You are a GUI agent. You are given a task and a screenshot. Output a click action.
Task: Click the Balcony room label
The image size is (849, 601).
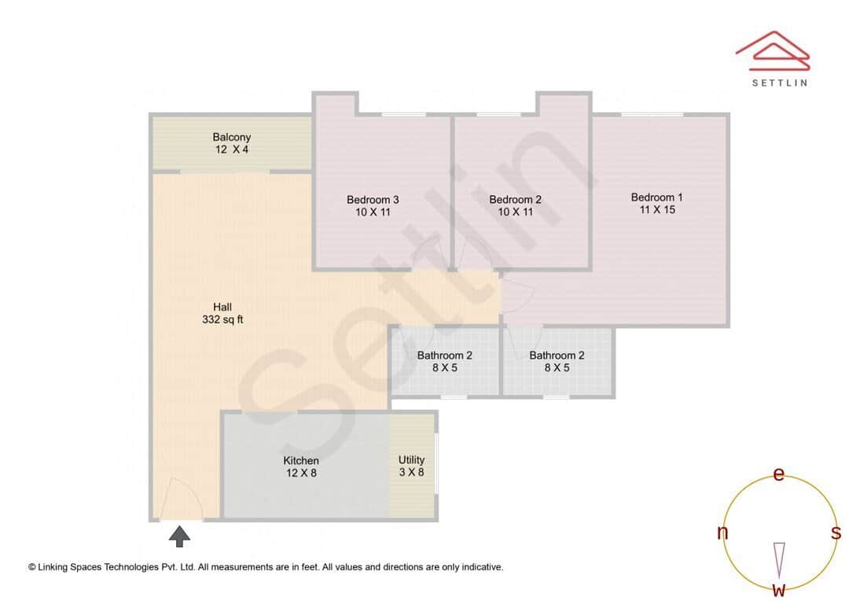click(232, 137)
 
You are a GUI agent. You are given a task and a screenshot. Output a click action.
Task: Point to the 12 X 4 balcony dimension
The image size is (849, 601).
click(232, 149)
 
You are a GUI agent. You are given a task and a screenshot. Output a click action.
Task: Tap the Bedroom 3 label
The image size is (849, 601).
click(367, 200)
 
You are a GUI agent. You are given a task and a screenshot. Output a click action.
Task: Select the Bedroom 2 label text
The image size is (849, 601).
click(515, 200)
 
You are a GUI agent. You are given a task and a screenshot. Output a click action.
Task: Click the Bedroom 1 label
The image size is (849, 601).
click(657, 197)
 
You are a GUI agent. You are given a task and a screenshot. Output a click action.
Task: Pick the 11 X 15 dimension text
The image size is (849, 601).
click(658, 210)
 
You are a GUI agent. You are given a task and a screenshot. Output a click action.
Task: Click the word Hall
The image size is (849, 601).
click(222, 307)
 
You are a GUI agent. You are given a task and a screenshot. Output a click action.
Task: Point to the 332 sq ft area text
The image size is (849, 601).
click(222, 319)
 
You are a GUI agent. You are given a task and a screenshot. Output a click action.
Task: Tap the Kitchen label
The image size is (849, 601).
click(301, 461)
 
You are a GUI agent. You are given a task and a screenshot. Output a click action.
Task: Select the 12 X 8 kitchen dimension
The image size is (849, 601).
click(301, 474)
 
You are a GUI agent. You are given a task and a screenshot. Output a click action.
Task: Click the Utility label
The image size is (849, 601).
click(411, 460)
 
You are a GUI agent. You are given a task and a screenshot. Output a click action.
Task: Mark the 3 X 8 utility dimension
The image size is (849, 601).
click(411, 473)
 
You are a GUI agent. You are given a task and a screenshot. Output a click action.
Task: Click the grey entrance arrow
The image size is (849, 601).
click(181, 536)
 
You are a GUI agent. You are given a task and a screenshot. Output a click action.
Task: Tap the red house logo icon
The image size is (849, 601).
click(772, 47)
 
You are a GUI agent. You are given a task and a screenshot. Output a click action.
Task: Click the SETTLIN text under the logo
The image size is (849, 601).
click(779, 83)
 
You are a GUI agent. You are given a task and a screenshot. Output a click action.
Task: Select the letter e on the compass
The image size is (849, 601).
click(779, 474)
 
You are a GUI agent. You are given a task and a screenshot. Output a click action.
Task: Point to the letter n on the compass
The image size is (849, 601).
click(722, 533)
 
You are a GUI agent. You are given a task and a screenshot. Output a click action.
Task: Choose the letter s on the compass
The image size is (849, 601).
click(836, 533)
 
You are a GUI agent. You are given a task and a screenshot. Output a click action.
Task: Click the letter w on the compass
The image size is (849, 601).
click(779, 589)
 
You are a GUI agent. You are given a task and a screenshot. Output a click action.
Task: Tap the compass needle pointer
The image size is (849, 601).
click(779, 559)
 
